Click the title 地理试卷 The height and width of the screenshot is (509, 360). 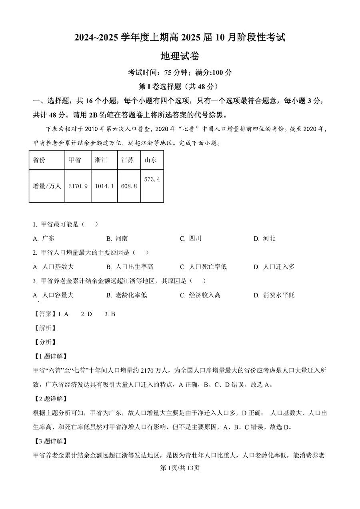click(x=180, y=56)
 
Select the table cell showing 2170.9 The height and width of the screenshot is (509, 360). click(x=78, y=186)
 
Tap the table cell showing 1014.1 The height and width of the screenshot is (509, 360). click(x=104, y=186)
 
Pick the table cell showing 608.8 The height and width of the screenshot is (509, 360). click(x=129, y=186)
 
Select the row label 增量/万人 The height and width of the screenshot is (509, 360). click(x=47, y=186)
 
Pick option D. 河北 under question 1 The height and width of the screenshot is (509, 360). click(x=264, y=238)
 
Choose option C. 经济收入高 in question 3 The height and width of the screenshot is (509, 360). click(x=200, y=295)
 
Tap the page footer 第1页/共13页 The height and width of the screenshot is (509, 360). click(x=180, y=468)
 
